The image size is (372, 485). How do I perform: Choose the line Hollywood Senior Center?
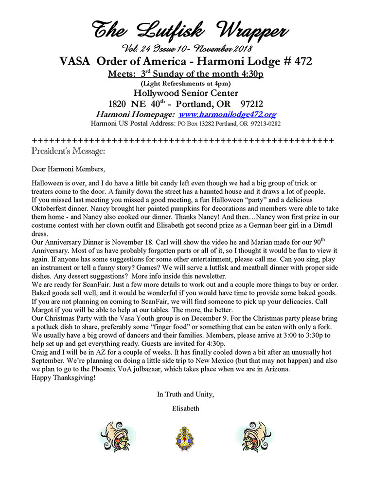[185, 93]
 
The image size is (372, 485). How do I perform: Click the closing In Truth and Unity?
[186, 395]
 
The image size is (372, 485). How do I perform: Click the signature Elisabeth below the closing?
[186, 408]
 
